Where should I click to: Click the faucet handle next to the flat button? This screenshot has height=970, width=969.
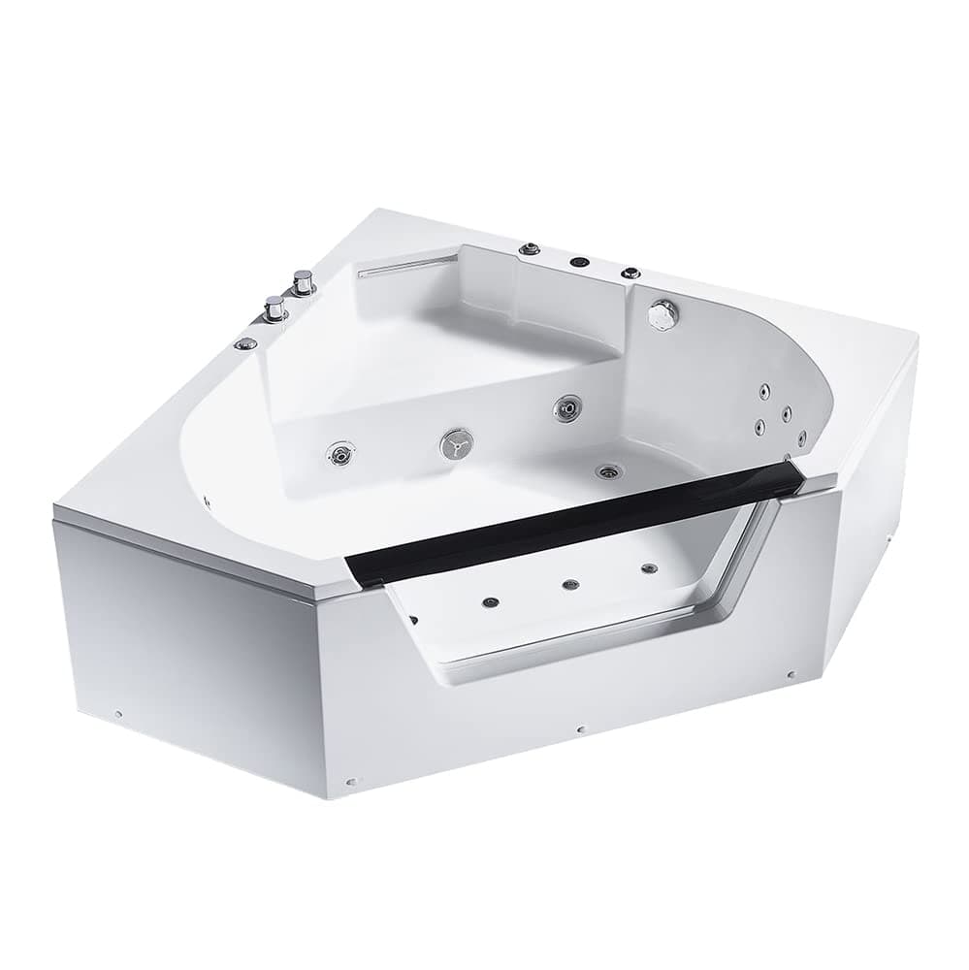(275, 308)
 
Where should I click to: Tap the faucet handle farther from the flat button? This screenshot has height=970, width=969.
(304, 282)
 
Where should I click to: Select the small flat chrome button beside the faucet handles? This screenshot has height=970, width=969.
(246, 342)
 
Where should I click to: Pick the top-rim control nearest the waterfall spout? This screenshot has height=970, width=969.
(530, 249)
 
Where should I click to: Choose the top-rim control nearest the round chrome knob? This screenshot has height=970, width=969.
(631, 273)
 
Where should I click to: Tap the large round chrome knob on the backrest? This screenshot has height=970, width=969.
(663, 312)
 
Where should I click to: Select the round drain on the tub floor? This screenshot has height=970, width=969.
(609, 472)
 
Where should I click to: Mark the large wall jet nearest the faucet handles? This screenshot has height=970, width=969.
(340, 453)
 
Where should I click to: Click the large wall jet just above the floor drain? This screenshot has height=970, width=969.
(567, 408)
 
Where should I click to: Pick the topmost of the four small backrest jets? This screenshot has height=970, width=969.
(764, 391)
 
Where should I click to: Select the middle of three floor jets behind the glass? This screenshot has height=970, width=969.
(570, 584)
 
